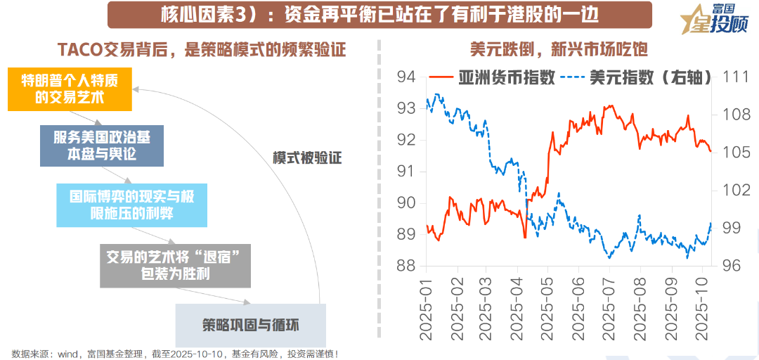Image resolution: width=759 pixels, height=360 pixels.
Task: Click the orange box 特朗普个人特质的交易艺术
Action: point(70,89)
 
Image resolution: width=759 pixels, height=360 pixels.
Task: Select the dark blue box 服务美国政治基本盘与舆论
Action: point(101,146)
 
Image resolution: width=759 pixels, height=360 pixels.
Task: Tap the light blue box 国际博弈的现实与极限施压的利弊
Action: point(131,205)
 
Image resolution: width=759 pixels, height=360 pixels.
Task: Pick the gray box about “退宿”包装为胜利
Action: point(175,266)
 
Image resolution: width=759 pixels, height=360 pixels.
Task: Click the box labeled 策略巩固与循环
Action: point(250,325)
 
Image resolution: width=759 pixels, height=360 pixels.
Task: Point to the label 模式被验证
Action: point(307,158)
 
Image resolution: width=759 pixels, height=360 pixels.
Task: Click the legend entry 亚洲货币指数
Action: point(492,77)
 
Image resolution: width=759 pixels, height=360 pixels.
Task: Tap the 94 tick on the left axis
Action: point(407,77)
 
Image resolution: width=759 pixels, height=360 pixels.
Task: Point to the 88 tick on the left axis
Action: point(407,266)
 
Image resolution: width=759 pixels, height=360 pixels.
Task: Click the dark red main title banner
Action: point(379,13)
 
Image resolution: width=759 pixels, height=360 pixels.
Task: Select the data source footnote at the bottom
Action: point(176,353)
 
